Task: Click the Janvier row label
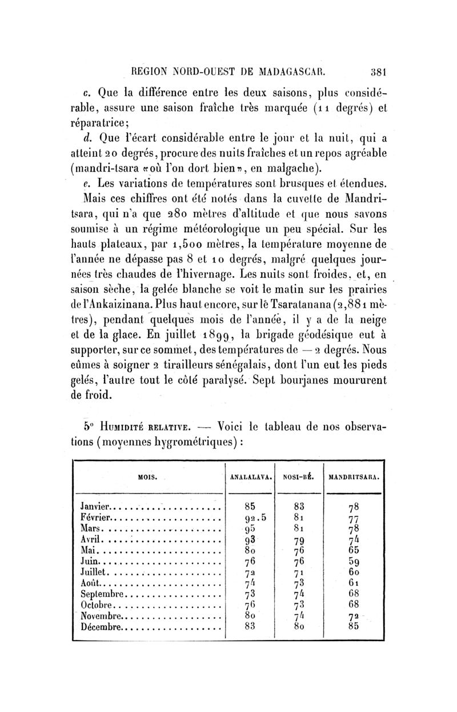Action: point(95,506)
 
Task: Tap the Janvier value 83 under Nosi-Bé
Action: point(297,506)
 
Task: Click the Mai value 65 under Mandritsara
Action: point(353,550)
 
